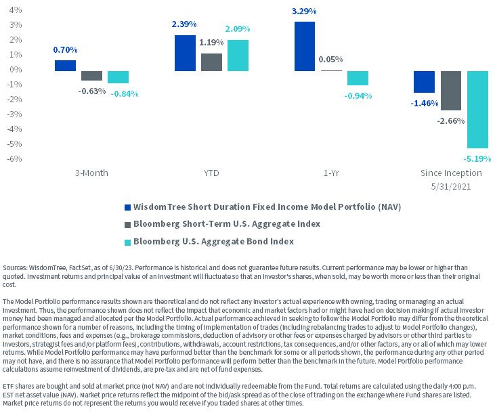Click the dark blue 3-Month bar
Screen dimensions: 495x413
(x=65, y=66)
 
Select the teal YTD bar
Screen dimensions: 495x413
(x=238, y=56)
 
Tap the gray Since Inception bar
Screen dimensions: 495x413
(x=451, y=91)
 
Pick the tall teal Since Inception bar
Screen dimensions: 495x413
(x=477, y=110)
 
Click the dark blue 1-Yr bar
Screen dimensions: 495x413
(x=305, y=47)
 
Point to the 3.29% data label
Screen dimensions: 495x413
(x=304, y=12)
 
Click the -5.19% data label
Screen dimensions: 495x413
(x=477, y=158)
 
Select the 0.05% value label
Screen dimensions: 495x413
(x=330, y=60)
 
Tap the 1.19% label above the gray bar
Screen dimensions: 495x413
(x=211, y=42)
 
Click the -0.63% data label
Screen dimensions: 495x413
(x=92, y=91)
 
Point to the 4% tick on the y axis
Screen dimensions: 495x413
(x=16, y=10)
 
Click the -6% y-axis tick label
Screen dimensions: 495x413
(x=14, y=158)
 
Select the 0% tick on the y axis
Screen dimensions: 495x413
(x=16, y=70)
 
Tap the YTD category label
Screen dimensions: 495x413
(x=211, y=173)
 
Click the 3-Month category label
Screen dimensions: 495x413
(x=91, y=173)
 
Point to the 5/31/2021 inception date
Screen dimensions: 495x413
(x=451, y=187)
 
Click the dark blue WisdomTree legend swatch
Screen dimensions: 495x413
(x=127, y=207)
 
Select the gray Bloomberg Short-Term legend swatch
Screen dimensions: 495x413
(x=127, y=225)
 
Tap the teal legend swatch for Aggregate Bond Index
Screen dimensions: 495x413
(x=127, y=242)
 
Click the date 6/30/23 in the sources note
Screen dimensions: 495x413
(x=121, y=267)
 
